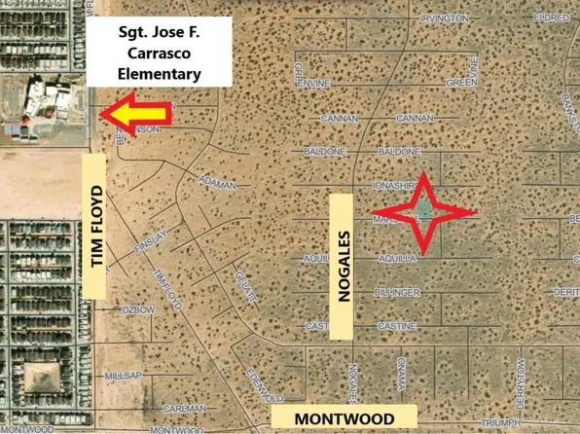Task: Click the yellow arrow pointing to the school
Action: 137,112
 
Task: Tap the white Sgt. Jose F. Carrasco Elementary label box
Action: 160,52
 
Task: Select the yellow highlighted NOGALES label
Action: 341,266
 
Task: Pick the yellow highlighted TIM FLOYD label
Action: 95,226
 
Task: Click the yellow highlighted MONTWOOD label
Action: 344,417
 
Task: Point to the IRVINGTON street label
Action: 445,18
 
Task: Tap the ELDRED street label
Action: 552,18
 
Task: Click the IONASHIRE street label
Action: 395,184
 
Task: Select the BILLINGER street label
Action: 397,292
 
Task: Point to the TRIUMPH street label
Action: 502,422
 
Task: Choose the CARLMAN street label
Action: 184,409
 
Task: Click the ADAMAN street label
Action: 217,182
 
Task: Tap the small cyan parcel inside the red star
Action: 425,208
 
